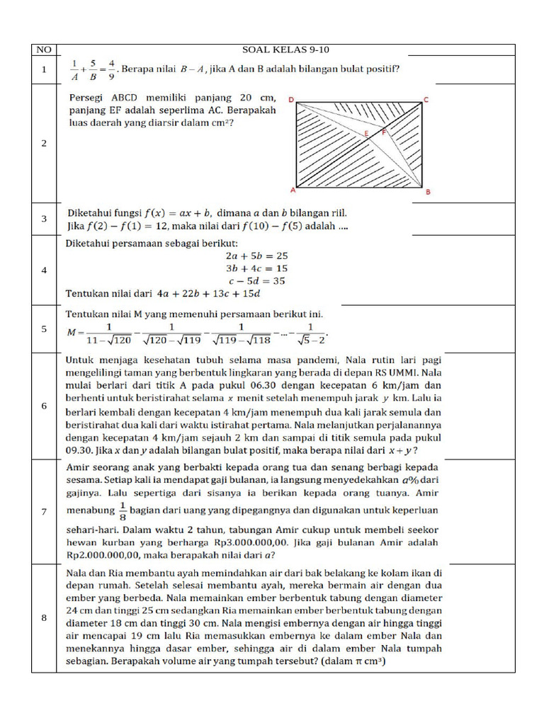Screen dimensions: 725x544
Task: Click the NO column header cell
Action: coord(44,50)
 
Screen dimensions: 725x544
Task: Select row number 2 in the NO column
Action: coord(44,143)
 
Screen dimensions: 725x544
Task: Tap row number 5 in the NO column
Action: coord(44,329)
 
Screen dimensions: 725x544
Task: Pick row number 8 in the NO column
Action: coord(44,618)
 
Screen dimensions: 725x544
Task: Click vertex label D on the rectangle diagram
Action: coord(291,100)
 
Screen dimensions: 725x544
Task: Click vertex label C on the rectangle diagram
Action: coord(425,100)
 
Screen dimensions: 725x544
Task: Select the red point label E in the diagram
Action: coord(365,134)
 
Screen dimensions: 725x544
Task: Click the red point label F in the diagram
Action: coord(384,132)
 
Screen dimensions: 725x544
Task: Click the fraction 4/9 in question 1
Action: coord(111,69)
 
